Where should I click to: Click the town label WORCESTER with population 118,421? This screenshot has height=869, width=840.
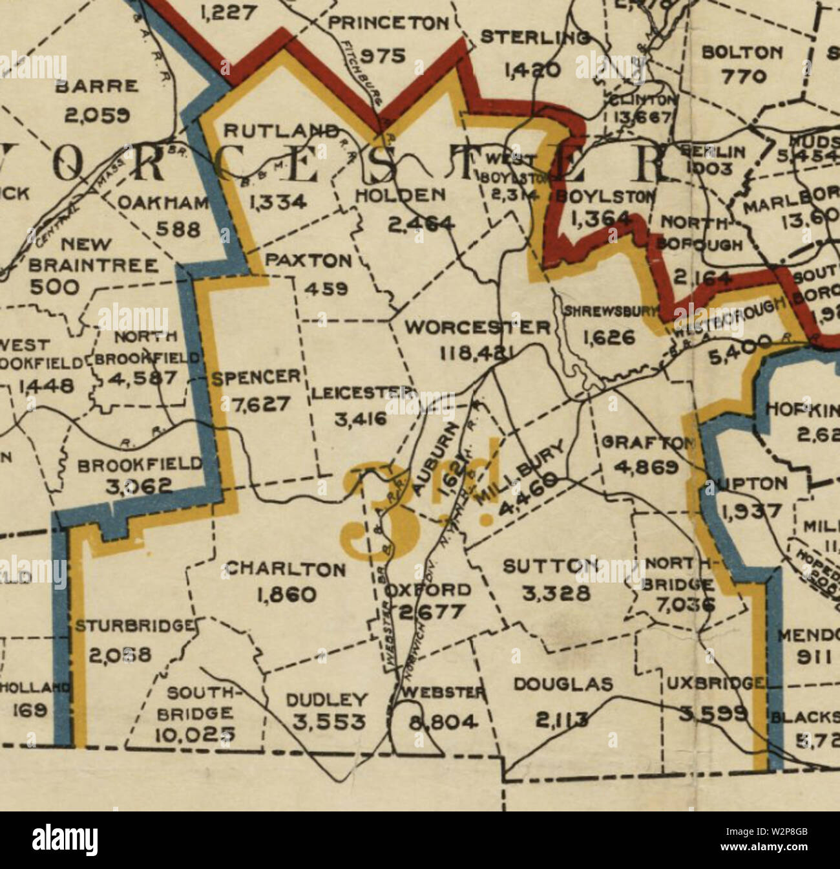477,327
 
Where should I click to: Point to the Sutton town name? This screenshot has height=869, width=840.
550,567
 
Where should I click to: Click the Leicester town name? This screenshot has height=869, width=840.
361,393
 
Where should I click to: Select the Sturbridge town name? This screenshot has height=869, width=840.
134,626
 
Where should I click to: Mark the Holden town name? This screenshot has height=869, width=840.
401,195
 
